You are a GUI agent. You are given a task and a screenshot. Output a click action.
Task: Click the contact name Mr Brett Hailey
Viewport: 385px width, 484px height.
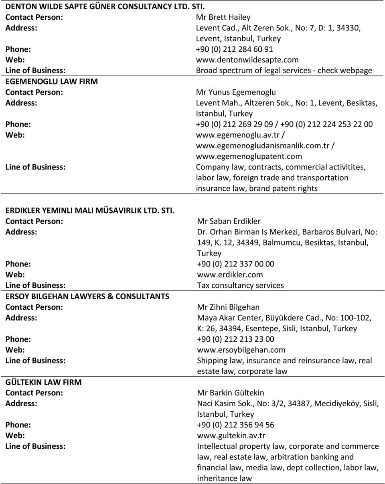(223, 17)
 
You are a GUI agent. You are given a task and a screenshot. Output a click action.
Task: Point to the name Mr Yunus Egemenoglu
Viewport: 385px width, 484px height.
(242, 93)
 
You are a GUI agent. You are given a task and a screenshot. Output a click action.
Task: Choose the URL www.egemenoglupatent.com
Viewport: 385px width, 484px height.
(249, 156)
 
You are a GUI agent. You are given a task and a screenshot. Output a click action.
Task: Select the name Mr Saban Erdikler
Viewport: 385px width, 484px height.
(229, 221)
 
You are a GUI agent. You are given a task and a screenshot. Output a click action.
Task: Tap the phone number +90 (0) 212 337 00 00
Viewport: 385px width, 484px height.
(236, 264)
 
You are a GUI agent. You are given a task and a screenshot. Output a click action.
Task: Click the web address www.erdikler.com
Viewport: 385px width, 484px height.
(230, 275)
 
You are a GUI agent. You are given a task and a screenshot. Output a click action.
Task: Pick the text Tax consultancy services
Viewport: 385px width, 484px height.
(240, 286)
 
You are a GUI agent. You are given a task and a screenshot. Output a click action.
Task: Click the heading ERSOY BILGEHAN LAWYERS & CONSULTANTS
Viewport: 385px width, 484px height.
(87, 296)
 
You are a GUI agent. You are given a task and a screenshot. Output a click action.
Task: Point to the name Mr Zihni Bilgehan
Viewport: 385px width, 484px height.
(228, 307)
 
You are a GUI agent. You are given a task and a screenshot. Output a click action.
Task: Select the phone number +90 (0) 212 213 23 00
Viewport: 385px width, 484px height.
(236, 339)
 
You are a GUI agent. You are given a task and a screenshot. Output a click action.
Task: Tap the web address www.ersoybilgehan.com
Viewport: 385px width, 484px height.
(241, 350)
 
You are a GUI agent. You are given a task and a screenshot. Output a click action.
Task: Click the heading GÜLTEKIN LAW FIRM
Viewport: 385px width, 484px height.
(43, 382)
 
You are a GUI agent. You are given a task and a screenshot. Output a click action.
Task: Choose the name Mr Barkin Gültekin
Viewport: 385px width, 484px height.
(230, 393)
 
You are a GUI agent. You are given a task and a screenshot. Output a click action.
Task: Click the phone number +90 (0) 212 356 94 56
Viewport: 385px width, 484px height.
(236, 425)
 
